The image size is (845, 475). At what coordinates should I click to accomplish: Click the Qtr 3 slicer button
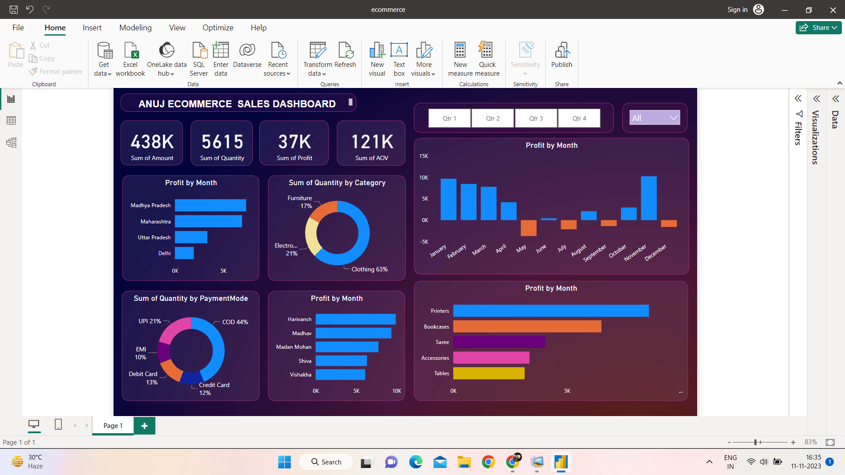click(x=536, y=118)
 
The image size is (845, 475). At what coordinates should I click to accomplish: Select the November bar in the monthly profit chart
click(x=649, y=198)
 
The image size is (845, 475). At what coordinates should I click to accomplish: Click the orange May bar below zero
click(x=528, y=228)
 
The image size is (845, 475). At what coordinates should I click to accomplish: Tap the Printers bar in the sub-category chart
click(x=551, y=311)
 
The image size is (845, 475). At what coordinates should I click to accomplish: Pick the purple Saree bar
click(x=499, y=342)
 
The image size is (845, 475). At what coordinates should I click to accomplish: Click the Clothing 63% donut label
click(x=369, y=269)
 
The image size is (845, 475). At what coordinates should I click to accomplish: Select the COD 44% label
click(x=235, y=322)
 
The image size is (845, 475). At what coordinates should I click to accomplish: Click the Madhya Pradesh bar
click(x=210, y=205)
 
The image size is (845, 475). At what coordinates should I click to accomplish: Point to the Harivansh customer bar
click(x=355, y=319)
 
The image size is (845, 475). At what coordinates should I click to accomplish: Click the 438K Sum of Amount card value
click(x=152, y=142)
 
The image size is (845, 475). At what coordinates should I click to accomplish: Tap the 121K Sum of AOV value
click(x=372, y=142)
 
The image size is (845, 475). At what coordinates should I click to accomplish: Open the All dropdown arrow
click(x=673, y=118)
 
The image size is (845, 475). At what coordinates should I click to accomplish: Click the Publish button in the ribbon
click(x=562, y=55)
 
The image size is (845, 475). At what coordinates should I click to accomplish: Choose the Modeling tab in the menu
click(x=135, y=28)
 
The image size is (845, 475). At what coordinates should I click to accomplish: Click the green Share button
click(x=818, y=28)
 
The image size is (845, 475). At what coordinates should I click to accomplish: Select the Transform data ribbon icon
click(x=317, y=59)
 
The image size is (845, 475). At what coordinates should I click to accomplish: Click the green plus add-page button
click(x=144, y=426)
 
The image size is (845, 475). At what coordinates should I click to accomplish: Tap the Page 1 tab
click(x=113, y=426)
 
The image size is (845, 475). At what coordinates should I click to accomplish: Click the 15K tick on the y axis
click(x=423, y=156)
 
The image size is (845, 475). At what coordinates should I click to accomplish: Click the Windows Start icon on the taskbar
click(x=284, y=462)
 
